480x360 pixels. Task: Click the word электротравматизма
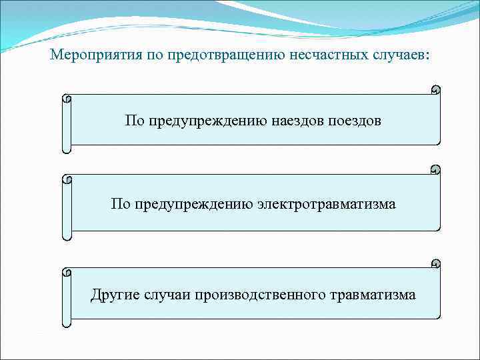click(x=326, y=204)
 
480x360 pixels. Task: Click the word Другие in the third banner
click(x=115, y=294)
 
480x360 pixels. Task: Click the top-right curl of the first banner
click(x=435, y=89)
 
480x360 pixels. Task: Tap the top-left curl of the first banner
click(x=66, y=99)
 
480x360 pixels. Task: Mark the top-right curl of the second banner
click(x=435, y=169)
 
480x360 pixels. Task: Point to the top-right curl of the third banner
click(x=435, y=263)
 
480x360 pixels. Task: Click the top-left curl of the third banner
click(x=66, y=273)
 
